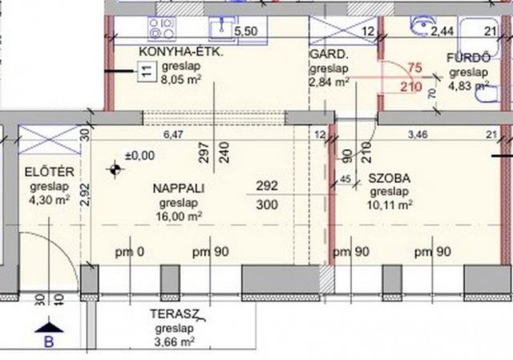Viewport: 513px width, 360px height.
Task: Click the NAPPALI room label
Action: click(x=179, y=188)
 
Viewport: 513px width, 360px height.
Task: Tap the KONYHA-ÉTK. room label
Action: click(x=181, y=51)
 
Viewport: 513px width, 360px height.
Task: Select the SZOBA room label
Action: click(x=390, y=178)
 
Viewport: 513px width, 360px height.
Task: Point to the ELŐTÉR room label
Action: click(x=50, y=172)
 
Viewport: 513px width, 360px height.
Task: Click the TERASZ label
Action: click(x=175, y=313)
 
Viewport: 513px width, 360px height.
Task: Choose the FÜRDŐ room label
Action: click(x=469, y=58)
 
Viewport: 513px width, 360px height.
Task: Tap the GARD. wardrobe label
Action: click(x=329, y=54)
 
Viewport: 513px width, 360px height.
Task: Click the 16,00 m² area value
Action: click(x=179, y=216)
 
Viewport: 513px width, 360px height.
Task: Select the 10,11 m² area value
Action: click(x=390, y=205)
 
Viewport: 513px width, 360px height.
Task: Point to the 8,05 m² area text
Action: click(x=181, y=79)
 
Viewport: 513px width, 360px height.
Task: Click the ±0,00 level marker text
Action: click(x=140, y=156)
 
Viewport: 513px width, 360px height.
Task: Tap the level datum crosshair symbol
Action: click(x=115, y=169)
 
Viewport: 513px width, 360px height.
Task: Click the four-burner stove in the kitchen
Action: click(x=162, y=29)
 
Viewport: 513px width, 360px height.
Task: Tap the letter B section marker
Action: click(x=49, y=342)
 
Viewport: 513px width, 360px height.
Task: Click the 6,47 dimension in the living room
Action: click(x=173, y=134)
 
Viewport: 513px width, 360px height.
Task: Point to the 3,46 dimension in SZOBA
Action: click(x=418, y=134)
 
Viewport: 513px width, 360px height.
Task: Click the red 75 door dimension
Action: click(x=415, y=67)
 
